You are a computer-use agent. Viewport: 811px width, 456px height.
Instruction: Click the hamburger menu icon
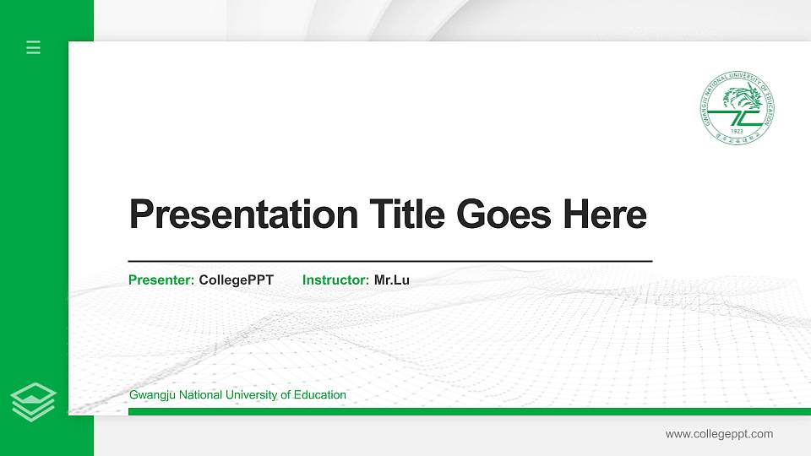point(34,47)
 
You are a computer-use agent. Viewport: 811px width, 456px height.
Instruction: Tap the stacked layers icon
point(34,401)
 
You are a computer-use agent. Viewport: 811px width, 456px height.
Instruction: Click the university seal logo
point(738,106)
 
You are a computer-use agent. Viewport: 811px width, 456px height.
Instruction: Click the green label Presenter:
point(161,280)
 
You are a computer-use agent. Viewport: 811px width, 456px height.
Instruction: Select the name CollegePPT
point(237,280)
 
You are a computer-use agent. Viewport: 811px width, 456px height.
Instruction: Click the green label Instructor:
point(335,280)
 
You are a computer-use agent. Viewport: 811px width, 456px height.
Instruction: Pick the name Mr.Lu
point(392,280)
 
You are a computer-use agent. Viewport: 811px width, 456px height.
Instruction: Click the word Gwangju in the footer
point(150,395)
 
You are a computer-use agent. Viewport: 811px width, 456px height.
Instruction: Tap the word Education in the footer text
point(321,395)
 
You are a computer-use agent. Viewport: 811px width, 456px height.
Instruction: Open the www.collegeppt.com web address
point(719,434)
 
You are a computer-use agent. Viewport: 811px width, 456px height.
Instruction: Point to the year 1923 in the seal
point(737,132)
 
